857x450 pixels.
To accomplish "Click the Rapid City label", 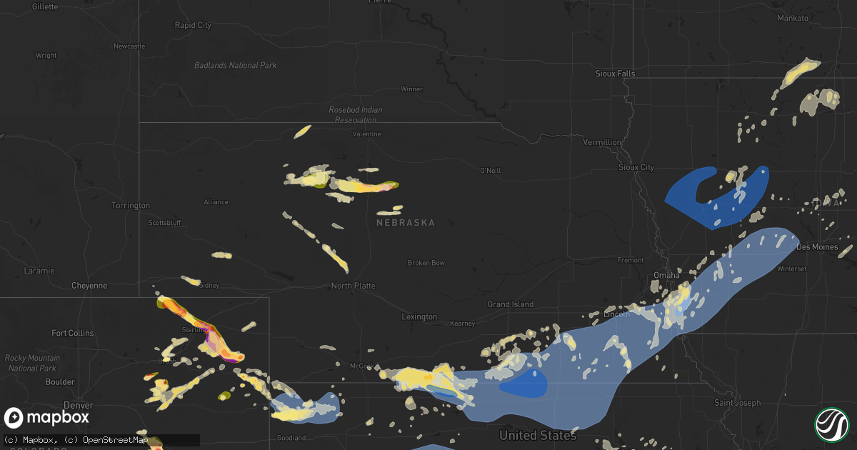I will [193, 25].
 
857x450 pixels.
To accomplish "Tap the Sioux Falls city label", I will [615, 74].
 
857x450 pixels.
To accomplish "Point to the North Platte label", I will [353, 286].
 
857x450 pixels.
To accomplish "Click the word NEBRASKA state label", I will [406, 223].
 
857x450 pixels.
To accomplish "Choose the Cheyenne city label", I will [89, 286].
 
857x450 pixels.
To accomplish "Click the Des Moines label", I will [813, 246].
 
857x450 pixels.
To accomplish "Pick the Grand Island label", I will [511, 304].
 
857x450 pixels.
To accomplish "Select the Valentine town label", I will [367, 134].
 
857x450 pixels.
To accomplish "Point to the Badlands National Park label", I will [235, 66].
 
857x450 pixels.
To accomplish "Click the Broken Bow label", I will [426, 263].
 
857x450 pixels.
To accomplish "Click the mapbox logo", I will [46, 417].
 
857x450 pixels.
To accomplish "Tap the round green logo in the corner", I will [831, 424].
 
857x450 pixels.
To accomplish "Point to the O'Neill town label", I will [491, 170].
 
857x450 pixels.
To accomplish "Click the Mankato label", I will [793, 18].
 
